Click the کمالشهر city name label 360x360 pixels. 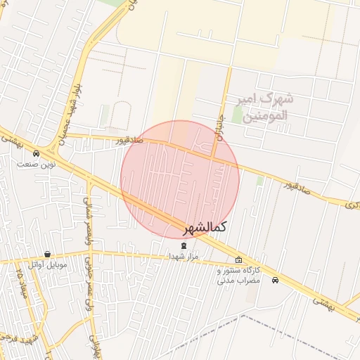(205, 228)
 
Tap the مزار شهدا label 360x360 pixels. (185, 257)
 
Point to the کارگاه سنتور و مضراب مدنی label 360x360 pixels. (238, 275)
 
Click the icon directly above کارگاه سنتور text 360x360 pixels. (238, 259)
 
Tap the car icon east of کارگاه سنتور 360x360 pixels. (275, 281)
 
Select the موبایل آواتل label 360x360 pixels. (48, 265)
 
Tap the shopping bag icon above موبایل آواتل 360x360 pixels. (47, 254)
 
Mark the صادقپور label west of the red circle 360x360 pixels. (132, 140)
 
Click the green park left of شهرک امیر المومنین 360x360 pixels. (105, 116)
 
